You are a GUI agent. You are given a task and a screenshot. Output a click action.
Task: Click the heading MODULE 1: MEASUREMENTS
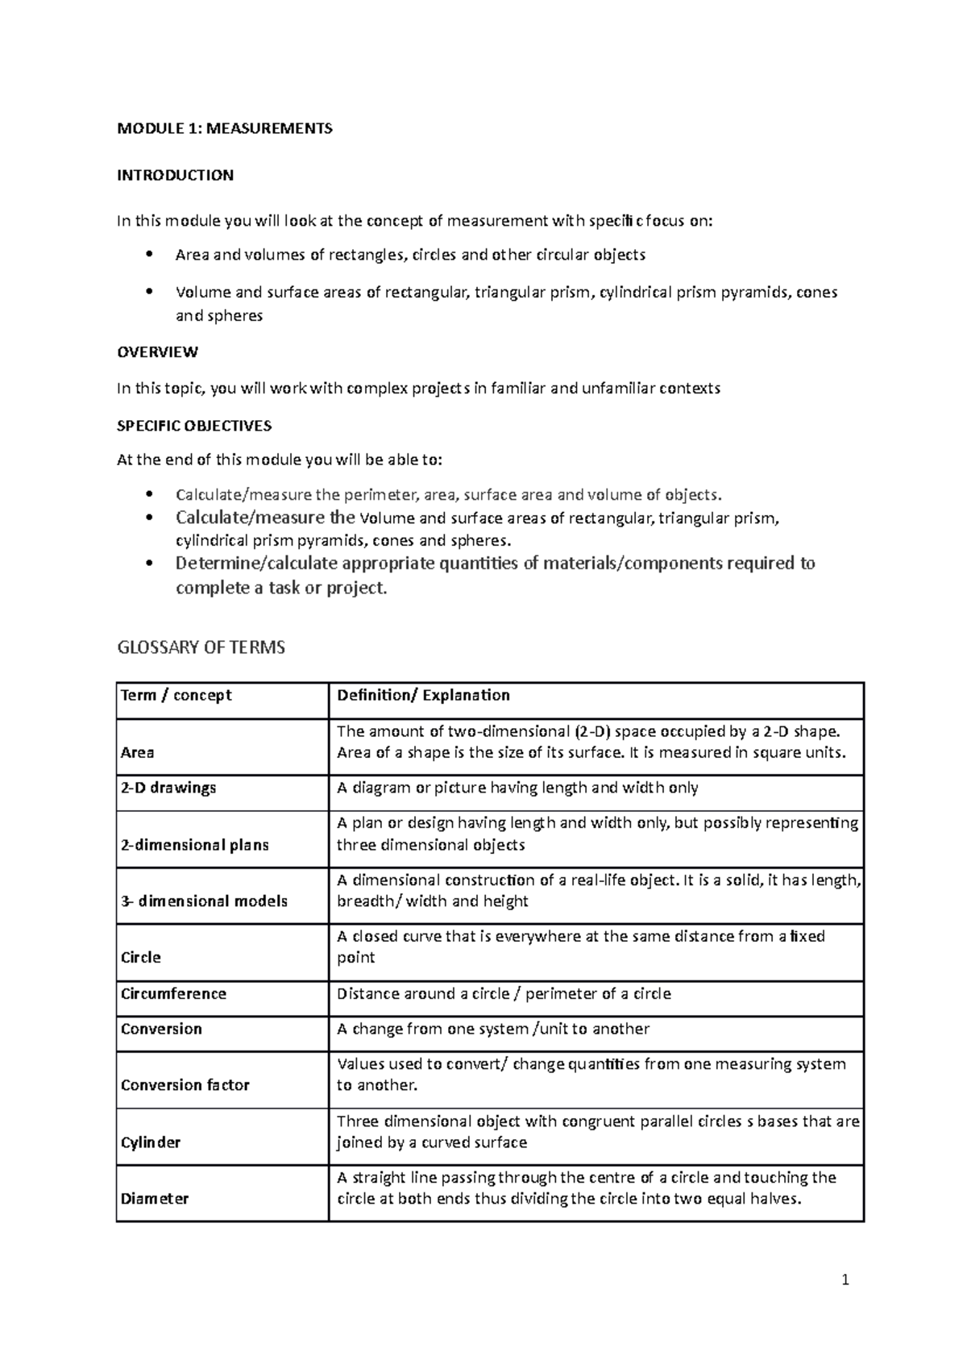(x=224, y=128)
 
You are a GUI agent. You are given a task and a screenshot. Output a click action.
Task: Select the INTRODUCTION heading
(x=175, y=175)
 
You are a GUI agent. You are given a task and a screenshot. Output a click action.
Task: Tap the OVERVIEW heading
(x=157, y=352)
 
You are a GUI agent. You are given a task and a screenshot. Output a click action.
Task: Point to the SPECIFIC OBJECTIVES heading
(x=194, y=425)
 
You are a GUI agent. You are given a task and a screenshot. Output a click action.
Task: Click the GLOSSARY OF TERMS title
(x=201, y=647)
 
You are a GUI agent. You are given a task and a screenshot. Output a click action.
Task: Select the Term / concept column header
(x=176, y=695)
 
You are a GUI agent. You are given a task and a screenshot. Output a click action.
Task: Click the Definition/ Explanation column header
(x=423, y=695)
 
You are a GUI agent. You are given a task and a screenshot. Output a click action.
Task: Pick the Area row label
(x=137, y=752)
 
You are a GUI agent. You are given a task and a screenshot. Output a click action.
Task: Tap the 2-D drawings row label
(x=168, y=788)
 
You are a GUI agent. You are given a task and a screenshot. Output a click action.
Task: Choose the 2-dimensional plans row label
(x=194, y=845)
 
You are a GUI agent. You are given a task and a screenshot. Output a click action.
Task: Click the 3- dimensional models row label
(x=204, y=901)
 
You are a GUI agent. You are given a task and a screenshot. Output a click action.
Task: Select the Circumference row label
(x=173, y=993)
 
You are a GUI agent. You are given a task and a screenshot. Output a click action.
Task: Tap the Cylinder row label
(x=150, y=1142)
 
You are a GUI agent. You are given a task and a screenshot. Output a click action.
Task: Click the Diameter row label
(x=154, y=1199)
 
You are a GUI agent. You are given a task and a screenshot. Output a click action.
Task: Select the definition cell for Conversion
(x=492, y=1029)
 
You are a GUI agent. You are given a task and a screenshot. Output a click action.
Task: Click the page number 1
(x=845, y=1280)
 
